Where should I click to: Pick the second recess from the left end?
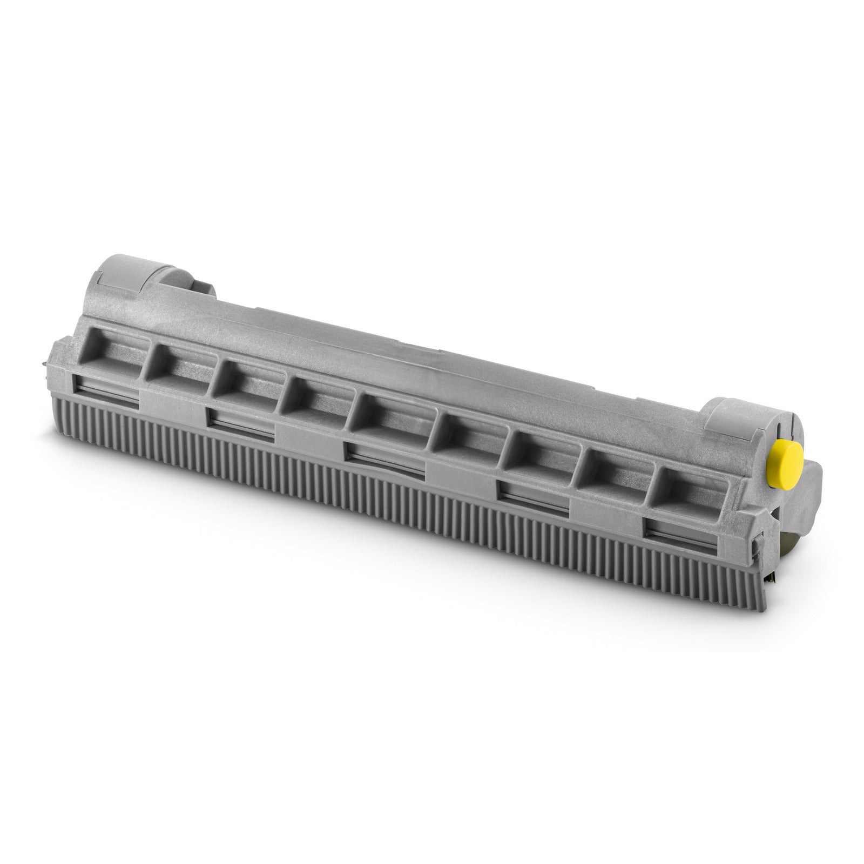coord(175,371)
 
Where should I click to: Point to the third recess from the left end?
coord(246,385)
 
